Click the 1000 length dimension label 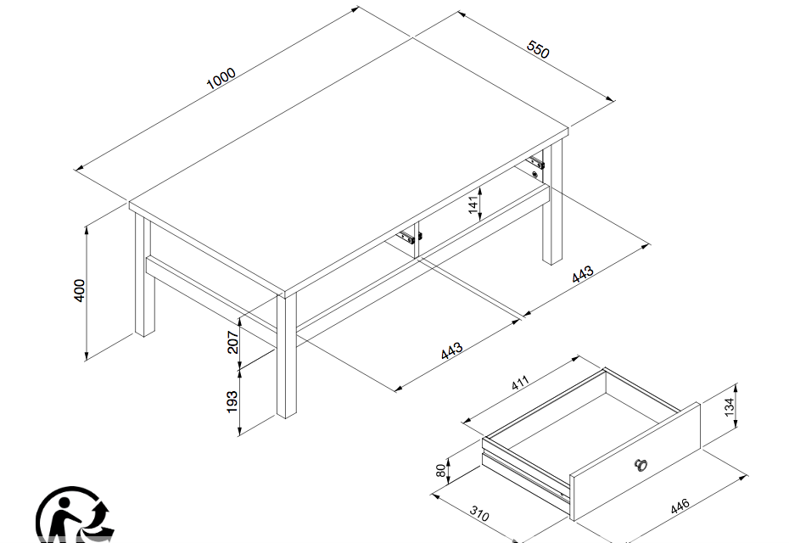click(x=221, y=78)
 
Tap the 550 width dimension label click(x=538, y=49)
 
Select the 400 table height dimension click(x=80, y=290)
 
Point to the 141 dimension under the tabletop click(x=473, y=204)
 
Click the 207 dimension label click(x=232, y=342)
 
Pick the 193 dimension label click(x=232, y=402)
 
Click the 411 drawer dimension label click(x=520, y=383)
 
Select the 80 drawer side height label click(x=441, y=471)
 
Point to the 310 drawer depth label click(x=479, y=513)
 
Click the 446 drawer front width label click(x=680, y=507)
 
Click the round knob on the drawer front click(x=641, y=465)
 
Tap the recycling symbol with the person click(x=75, y=515)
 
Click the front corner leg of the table click(x=287, y=355)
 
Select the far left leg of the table click(x=144, y=275)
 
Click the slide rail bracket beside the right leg click(x=535, y=163)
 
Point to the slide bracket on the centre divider click(x=409, y=237)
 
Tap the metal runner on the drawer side click(x=525, y=474)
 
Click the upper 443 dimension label click(x=583, y=275)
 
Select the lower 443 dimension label click(x=451, y=350)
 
